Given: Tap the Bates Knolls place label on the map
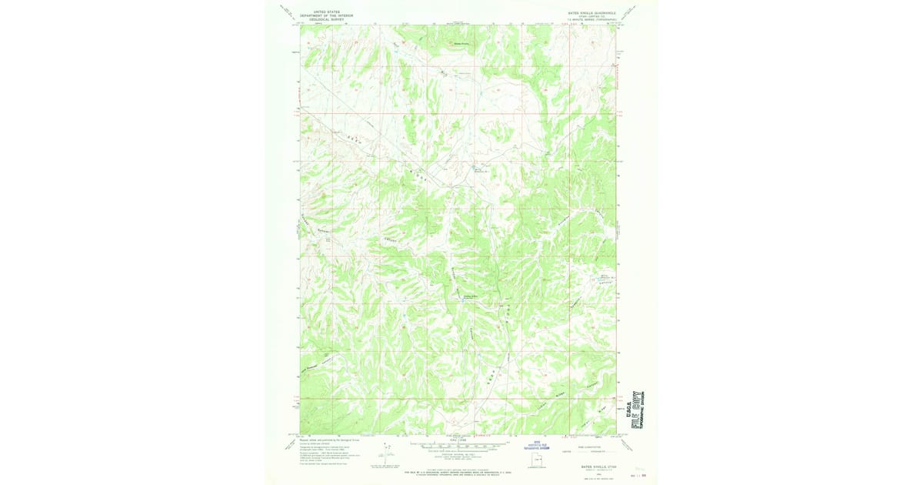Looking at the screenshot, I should point(459,44).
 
